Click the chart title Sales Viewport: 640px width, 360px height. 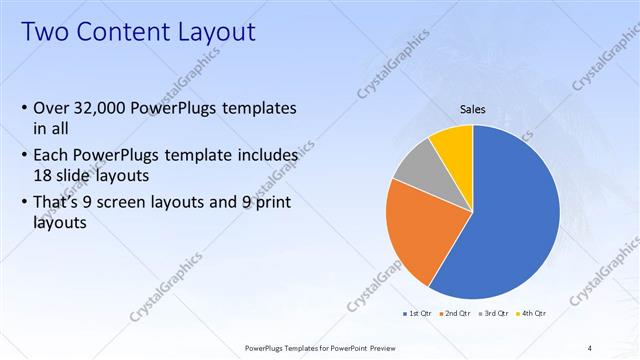[x=473, y=109]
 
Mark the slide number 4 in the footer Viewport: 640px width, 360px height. [x=590, y=347]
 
